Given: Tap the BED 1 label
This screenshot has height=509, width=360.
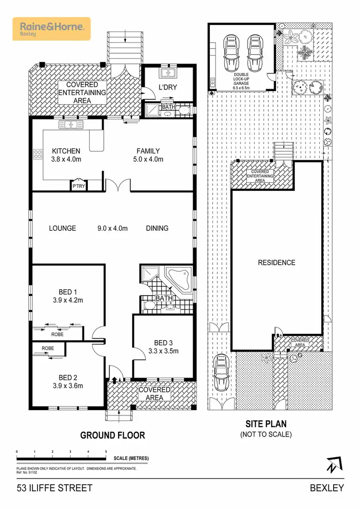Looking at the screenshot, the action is (68, 292).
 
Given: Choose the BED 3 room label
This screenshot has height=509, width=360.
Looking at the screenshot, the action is (163, 343).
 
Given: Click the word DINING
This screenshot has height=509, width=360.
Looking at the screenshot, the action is (157, 228).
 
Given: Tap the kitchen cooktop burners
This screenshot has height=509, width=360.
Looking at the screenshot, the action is (37, 154).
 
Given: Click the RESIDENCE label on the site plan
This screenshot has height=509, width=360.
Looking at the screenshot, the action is (276, 262).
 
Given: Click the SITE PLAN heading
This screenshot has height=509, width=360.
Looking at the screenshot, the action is (266, 424).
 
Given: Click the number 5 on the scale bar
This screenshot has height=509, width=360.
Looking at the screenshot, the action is (106, 452).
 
